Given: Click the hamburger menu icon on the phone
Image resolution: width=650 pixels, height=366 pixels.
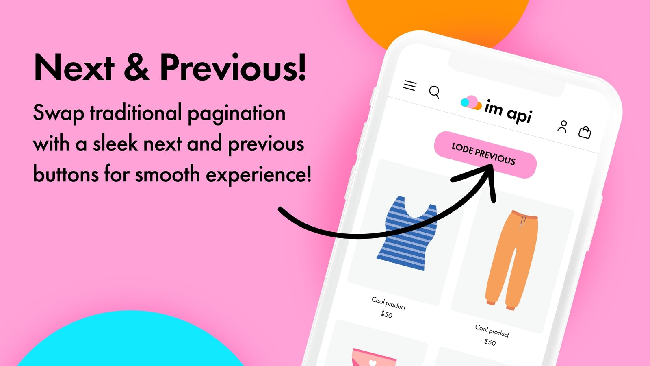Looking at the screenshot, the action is [x=410, y=85].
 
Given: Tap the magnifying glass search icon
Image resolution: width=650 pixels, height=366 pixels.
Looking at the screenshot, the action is [x=434, y=92].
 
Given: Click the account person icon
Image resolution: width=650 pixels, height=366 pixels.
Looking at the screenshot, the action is [x=562, y=126].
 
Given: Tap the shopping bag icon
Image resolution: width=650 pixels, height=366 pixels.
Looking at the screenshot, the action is [x=585, y=133].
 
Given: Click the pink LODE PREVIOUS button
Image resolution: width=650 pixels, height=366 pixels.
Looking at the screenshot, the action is [x=485, y=155].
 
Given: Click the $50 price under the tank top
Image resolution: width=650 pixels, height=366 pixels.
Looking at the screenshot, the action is [x=386, y=314].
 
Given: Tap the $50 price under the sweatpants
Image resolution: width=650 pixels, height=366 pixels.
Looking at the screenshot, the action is [x=490, y=342].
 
